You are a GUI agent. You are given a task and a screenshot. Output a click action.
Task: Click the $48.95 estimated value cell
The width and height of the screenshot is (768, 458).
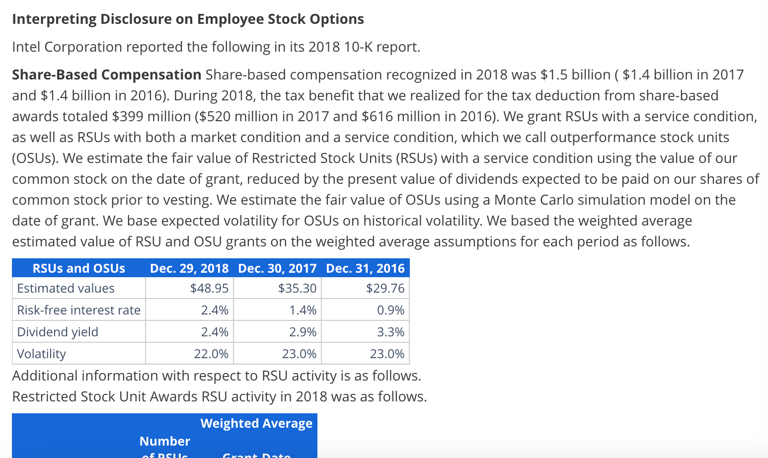209,288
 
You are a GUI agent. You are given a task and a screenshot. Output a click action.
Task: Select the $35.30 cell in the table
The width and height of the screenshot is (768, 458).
297,288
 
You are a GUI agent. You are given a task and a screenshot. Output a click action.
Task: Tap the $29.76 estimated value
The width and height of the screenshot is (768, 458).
385,288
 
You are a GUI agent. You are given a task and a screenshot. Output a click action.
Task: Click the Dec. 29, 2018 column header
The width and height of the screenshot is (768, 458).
189,268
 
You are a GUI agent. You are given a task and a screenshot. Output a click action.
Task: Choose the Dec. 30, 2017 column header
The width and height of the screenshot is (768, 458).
277,268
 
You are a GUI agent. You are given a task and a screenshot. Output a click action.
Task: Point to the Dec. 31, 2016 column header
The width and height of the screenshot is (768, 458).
365,268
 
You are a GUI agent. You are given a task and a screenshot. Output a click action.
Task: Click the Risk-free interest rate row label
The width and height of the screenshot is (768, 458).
78,310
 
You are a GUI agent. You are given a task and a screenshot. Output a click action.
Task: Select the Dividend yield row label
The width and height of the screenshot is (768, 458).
58,332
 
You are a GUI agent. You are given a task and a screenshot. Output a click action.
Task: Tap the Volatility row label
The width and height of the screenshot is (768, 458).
41,354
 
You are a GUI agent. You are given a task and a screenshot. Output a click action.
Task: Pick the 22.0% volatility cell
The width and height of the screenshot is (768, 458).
211,354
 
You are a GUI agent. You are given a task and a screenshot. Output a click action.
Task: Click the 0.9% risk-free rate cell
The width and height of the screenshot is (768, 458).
390,310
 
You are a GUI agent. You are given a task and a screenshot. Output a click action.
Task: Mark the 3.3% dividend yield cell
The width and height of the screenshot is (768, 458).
390,332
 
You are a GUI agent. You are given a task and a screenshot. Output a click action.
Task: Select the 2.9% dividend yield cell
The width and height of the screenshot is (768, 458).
303,332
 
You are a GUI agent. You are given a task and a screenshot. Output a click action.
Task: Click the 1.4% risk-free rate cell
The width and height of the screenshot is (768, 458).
303,310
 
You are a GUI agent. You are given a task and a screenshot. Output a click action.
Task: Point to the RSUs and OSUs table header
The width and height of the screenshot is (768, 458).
78,268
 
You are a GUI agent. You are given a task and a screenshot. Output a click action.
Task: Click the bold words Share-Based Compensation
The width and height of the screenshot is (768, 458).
106,75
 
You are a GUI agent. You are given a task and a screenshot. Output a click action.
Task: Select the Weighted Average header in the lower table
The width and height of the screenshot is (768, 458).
256,423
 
